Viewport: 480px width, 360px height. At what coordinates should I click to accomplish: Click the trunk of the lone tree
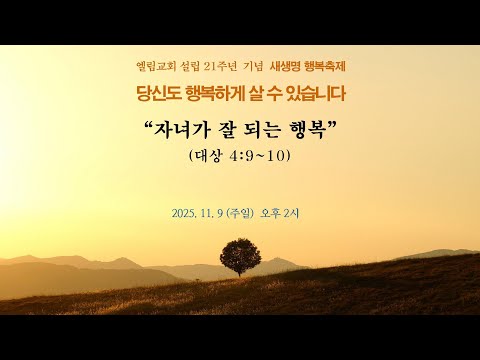[239, 269]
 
